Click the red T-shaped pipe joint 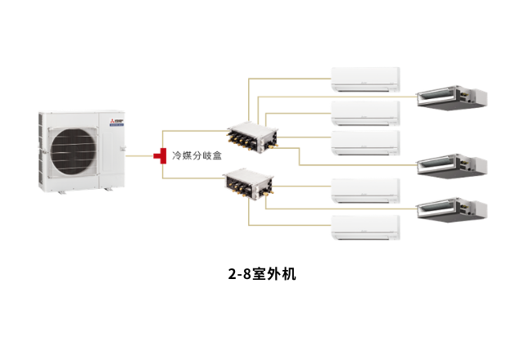160,155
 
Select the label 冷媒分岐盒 197,155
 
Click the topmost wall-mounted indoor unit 364,79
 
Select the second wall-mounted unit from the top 364,111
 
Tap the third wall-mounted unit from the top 364,142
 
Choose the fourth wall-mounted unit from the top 364,191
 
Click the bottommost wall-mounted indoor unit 364,227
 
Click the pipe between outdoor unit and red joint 139,155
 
